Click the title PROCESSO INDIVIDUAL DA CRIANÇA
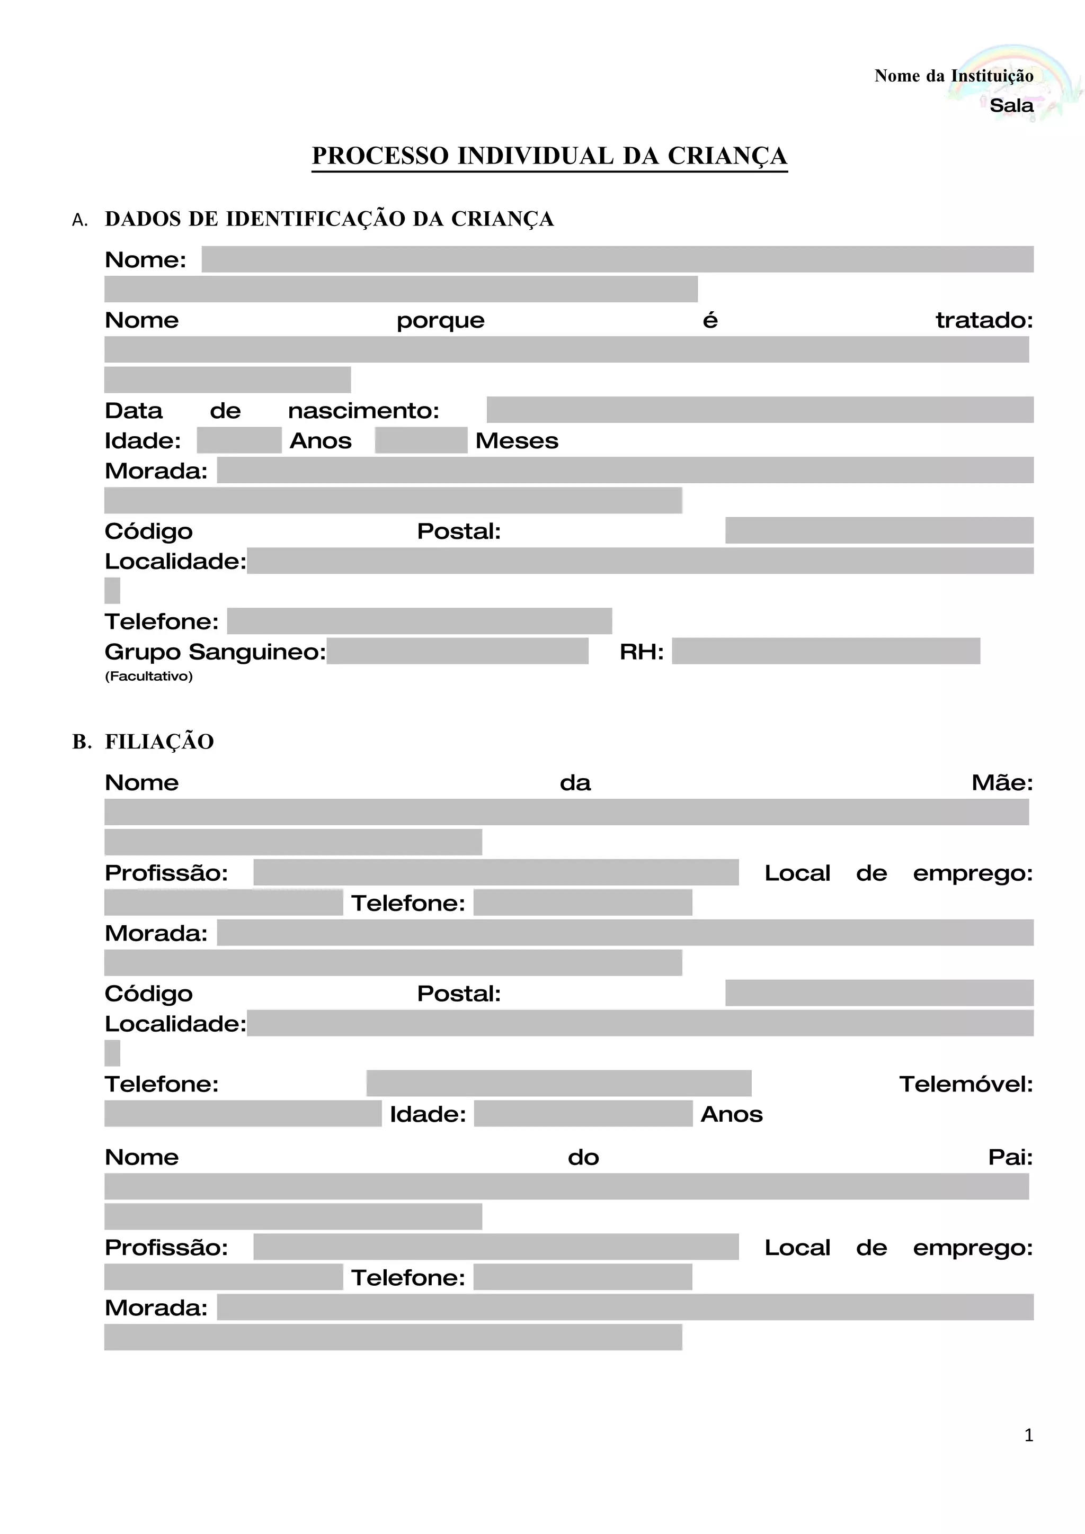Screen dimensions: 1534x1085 click(549, 156)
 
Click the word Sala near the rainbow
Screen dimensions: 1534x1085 click(1011, 105)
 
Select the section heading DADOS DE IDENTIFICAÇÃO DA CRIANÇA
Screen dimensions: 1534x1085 click(329, 219)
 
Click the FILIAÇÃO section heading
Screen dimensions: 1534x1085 click(159, 742)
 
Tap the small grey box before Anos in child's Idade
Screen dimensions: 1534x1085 click(238, 440)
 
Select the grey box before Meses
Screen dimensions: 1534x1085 click(421, 440)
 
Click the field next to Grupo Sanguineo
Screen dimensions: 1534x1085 click(457, 651)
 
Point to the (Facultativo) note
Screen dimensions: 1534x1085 click(148, 676)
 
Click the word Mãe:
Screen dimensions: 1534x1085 click(1002, 782)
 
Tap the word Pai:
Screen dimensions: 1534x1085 click(1010, 1157)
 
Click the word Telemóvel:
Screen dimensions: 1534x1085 click(965, 1084)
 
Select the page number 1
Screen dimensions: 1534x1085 click(1028, 1434)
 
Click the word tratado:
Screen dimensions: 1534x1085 click(984, 320)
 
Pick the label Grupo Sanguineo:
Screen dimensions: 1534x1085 click(215, 652)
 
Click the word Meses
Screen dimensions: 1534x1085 click(517, 441)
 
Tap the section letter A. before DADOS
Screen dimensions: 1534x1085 click(79, 221)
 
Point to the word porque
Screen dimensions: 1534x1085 click(441, 321)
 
